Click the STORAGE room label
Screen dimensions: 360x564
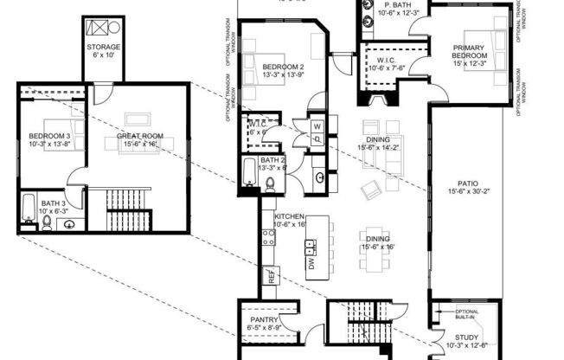pyautogui.click(x=103, y=47)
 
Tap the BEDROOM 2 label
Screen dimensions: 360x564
pyautogui.click(x=282, y=67)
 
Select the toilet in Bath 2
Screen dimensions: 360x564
pyautogui.click(x=270, y=183)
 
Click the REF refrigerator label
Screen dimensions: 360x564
pyautogui.click(x=271, y=277)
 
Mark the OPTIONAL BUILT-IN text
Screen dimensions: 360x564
pyautogui.click(x=467, y=315)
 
